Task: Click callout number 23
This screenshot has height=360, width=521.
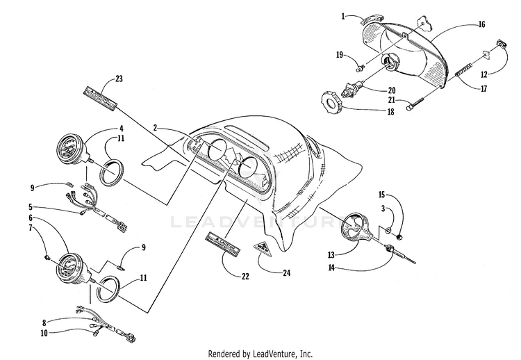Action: click(119, 79)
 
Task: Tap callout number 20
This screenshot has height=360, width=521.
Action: click(392, 90)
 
